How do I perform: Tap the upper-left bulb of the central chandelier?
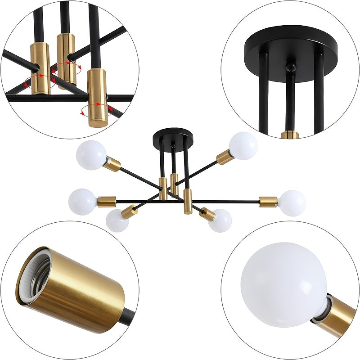(x=91, y=155)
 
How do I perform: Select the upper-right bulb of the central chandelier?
(x=243, y=145)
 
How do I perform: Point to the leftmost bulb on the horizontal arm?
(x=82, y=202)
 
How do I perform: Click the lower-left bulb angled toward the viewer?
(x=117, y=220)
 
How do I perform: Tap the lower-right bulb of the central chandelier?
(x=220, y=220)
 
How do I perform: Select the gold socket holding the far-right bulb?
(x=268, y=202)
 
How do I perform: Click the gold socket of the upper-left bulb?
(x=113, y=165)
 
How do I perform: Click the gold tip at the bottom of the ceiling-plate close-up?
(x=290, y=134)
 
